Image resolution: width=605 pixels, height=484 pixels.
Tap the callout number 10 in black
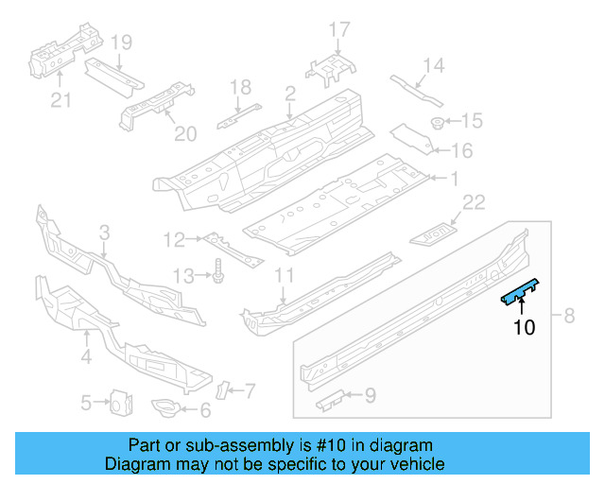(x=525, y=328)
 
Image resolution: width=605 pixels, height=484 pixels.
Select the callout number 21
(x=60, y=100)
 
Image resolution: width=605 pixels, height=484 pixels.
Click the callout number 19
(x=120, y=42)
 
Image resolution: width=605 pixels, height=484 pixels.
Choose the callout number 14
(x=433, y=65)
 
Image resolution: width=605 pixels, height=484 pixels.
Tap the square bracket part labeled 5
(x=119, y=403)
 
